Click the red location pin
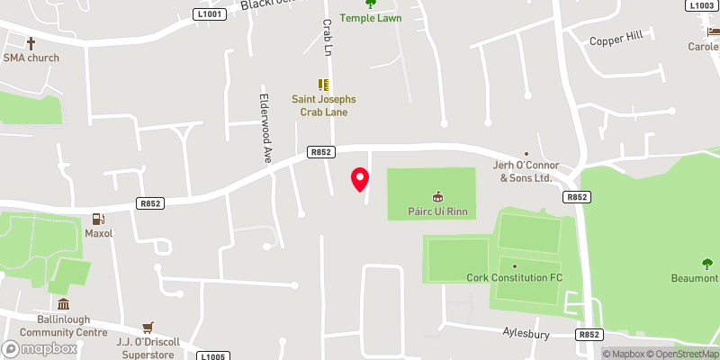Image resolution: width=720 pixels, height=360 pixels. click(x=360, y=179)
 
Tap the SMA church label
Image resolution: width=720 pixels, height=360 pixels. click(x=31, y=58)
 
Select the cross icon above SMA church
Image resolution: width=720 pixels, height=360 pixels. click(x=31, y=43)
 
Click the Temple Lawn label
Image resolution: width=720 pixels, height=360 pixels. click(x=370, y=18)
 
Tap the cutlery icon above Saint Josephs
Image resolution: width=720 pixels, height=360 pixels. click(x=322, y=85)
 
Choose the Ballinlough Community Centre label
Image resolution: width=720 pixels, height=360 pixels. click(x=60, y=325)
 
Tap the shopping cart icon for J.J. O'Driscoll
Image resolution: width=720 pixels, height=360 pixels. click(x=148, y=327)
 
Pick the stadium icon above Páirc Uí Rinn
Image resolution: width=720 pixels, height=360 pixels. click(x=438, y=195)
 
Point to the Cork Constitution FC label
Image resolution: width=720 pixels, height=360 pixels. click(x=514, y=277)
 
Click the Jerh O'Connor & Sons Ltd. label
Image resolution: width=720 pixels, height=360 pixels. click(x=526, y=171)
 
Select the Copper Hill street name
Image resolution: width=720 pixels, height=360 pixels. click(x=616, y=40)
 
